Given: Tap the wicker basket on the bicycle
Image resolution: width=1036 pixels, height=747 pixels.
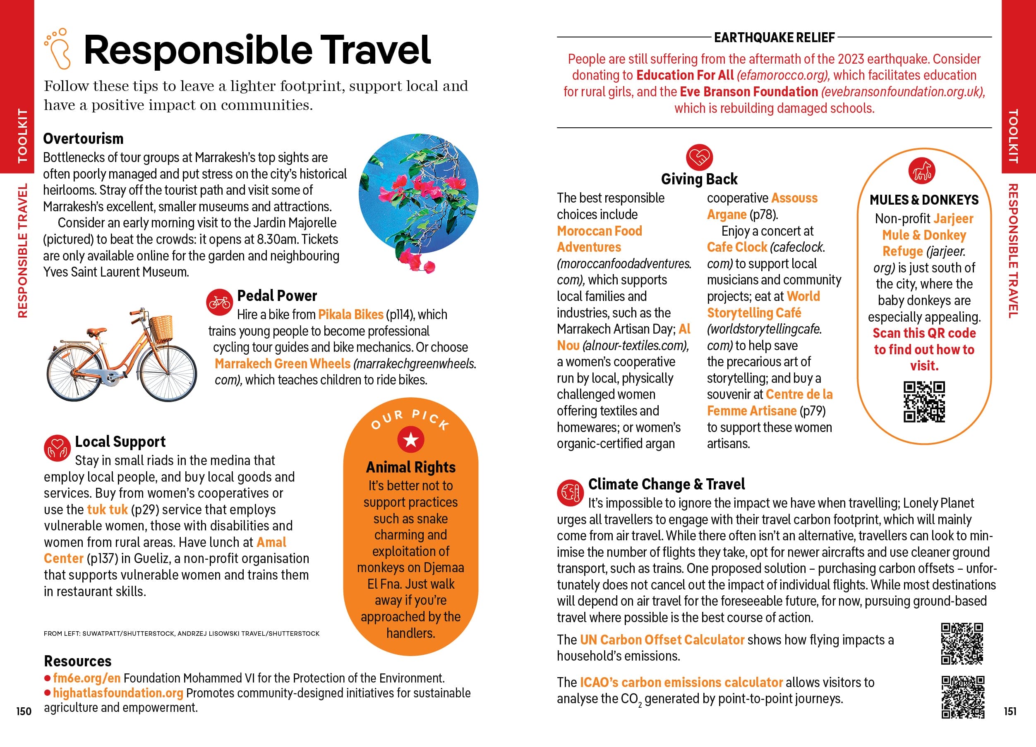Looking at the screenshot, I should coord(161,329).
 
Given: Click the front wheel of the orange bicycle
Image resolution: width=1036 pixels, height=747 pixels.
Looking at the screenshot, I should coord(168,373).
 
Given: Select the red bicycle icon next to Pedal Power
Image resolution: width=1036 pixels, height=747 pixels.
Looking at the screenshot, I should coord(219,302).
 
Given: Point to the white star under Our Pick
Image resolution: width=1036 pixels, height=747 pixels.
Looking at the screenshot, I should coord(411,440).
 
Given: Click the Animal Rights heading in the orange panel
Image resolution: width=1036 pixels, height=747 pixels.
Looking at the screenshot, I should coord(411,467).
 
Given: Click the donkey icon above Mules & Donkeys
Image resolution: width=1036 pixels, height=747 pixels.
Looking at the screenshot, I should coord(922,171).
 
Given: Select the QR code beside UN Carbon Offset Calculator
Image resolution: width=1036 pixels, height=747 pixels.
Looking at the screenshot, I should coord(962,643).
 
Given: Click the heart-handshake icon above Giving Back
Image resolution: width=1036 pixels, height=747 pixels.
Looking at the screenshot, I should coord(699,157).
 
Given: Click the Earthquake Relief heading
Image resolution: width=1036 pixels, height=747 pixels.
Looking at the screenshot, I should coord(774,38).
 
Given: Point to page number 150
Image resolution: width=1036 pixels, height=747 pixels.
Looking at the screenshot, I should coord(24,711).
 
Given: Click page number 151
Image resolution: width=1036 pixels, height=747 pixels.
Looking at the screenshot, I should coord(1010,711).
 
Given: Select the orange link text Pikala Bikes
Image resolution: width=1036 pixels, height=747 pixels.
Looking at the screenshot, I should coord(350,315).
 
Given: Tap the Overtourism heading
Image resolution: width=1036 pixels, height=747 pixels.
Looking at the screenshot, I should coord(83,138).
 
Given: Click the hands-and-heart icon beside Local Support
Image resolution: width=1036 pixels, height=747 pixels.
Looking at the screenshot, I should coord(57,448).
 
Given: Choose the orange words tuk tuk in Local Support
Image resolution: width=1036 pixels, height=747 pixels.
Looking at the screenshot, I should coord(107,509).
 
